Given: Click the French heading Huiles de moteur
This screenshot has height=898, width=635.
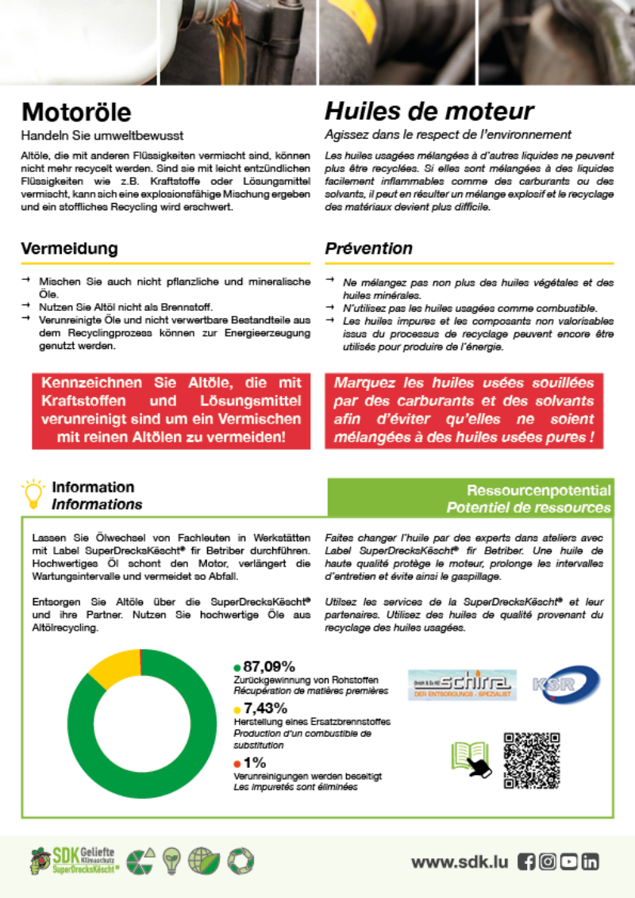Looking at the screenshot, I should point(429,112).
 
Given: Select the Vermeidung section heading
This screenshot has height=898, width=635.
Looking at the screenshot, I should point(69,248).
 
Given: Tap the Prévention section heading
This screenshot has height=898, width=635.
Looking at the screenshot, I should point(368,248).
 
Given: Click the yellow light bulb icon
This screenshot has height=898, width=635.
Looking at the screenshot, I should point(33,493).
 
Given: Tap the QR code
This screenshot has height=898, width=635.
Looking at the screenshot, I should point(532,760).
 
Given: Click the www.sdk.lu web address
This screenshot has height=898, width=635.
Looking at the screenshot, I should point(459,862).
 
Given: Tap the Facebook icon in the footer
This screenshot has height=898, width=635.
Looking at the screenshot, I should point(525,862).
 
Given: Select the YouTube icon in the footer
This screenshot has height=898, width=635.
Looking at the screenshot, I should point(568,862).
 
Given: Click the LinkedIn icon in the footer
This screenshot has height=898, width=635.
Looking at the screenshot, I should point(589,862).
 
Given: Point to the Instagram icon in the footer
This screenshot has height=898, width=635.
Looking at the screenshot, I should point(547,862).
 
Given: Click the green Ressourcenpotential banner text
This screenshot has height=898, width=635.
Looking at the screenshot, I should point(538,490).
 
